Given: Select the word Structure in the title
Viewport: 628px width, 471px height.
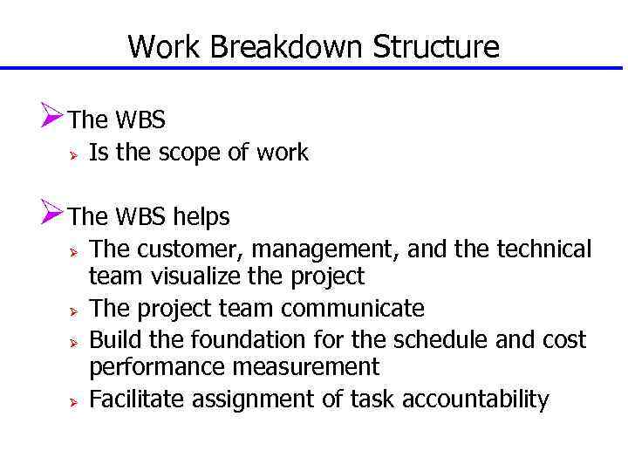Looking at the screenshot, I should (436, 46).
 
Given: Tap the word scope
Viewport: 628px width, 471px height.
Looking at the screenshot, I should (191, 153).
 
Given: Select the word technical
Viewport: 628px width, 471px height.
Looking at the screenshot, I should (543, 249).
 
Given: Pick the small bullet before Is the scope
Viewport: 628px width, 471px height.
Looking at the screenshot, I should (76, 154).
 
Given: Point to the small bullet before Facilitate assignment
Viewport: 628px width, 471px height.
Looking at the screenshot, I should (76, 400).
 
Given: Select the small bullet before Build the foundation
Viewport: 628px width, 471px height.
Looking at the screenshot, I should (76, 339).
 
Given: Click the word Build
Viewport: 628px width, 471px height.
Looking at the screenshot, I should (111, 338).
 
